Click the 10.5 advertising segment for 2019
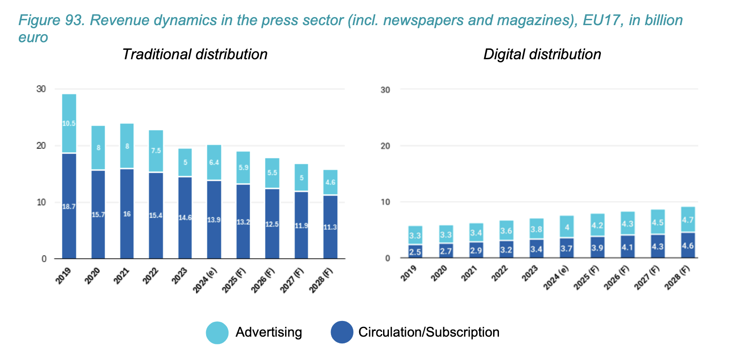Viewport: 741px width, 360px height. pos(69,123)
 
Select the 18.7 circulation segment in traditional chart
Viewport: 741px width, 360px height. pos(69,206)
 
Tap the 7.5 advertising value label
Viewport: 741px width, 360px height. pos(156,151)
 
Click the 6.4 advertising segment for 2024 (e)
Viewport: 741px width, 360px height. pos(214,162)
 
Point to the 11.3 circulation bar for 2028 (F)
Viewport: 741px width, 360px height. pos(330,227)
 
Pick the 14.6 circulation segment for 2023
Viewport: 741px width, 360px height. pos(185,218)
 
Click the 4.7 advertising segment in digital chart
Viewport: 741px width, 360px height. pos(688,220)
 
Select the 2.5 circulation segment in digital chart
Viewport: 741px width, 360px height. pos(415,251)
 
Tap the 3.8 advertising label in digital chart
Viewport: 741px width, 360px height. pos(536,229)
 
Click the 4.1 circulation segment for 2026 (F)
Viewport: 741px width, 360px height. pos(628,247)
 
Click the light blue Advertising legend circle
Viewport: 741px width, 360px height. pos(217,333)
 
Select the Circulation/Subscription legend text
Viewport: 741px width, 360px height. pos(428,332)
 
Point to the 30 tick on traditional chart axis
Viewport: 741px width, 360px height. pos(41,89)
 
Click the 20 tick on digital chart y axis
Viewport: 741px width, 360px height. pos(385,146)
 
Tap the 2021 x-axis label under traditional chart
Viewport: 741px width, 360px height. pos(122,276)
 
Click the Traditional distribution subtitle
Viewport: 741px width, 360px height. pos(194,54)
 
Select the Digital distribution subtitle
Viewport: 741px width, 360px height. pos(542,54)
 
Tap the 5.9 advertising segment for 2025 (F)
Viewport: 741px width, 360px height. pos(243,167)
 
